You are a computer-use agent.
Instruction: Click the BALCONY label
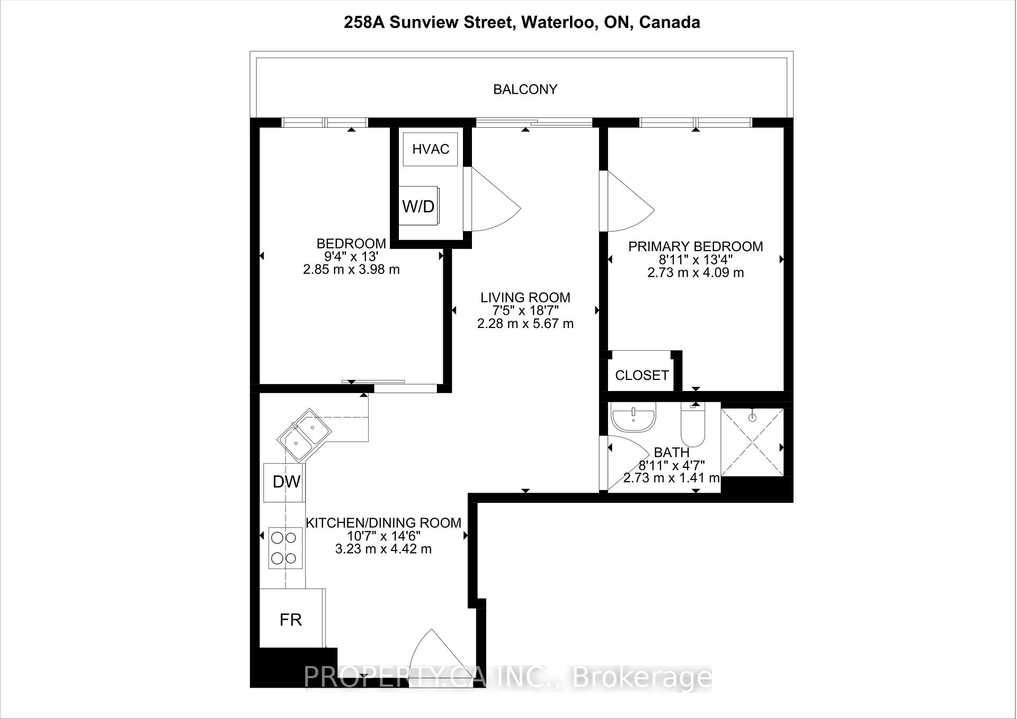click(525, 90)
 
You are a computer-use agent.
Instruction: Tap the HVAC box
click(430, 149)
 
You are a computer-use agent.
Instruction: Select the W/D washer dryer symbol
click(418, 206)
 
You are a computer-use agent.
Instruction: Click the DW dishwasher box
click(285, 482)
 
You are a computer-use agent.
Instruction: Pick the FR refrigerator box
click(291, 619)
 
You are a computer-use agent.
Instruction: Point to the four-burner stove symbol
click(285, 548)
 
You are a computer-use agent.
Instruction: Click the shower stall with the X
click(752, 442)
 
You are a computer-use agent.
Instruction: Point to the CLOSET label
click(641, 376)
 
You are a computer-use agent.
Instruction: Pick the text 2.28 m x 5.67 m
click(525, 324)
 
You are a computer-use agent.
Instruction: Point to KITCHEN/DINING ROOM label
click(383, 523)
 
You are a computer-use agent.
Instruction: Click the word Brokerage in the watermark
click(642, 678)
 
